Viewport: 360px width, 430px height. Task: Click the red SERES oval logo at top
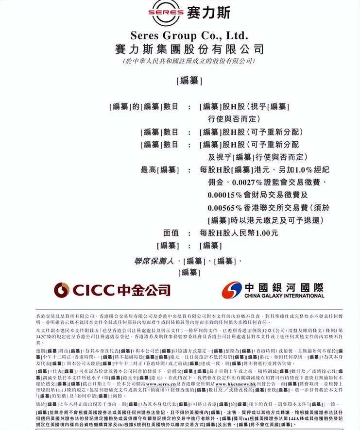coord(166,12)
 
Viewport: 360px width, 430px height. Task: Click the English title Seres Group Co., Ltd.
coord(189,35)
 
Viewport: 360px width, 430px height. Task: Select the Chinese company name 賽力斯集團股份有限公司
coord(189,49)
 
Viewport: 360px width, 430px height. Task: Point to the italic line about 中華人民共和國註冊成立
coord(189,62)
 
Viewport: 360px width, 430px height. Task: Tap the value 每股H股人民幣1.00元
coord(239,233)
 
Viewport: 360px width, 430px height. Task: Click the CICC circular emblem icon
coord(62,290)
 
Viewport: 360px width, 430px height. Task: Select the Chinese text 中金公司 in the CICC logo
coord(143,290)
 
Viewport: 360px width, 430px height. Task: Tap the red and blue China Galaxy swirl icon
coord(232,290)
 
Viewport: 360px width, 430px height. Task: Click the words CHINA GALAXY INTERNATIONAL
coord(284,296)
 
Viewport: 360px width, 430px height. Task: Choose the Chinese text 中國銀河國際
coord(284,286)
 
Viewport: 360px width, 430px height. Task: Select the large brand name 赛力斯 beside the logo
coord(208,12)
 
